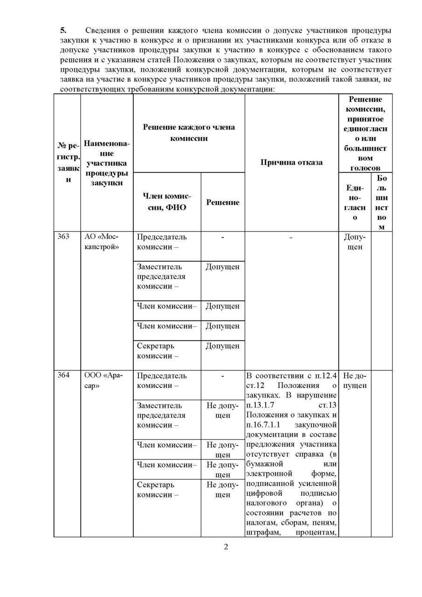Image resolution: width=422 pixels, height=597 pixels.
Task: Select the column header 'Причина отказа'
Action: [291, 162]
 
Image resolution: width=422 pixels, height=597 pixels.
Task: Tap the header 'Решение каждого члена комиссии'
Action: [189, 132]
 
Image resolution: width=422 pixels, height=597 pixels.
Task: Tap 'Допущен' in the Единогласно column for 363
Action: [355, 242]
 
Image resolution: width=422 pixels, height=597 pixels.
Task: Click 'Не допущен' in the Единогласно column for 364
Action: [355, 381]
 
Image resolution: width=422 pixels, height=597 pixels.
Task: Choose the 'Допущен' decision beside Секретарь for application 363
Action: [222, 346]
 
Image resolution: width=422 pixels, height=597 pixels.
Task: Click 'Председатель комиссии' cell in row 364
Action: [162, 381]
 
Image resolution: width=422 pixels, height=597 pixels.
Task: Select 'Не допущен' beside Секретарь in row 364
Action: [222, 490]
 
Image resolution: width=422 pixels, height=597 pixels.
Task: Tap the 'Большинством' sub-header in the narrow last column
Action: [381, 201]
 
